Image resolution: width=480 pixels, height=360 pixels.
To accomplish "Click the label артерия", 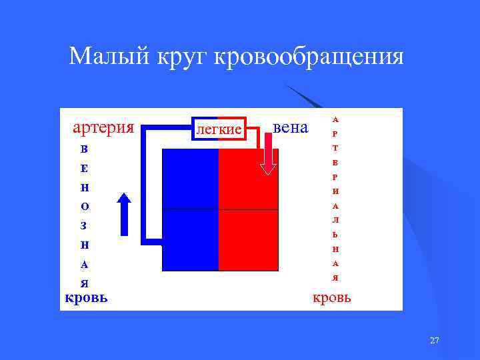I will pyautogui.click(x=103, y=127).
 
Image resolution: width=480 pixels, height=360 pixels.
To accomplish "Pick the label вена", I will pyautogui.click(x=291, y=127).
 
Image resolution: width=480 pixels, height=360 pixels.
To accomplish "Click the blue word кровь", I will pyautogui.click(x=86, y=297).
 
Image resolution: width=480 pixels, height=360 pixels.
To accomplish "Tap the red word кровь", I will pyautogui.click(x=332, y=297).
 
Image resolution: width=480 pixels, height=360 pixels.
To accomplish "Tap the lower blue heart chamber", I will pyautogui.click(x=191, y=240).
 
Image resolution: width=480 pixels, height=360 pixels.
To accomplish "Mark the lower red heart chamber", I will pyautogui.click(x=248, y=240).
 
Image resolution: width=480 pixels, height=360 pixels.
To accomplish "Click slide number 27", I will pyautogui.click(x=435, y=341).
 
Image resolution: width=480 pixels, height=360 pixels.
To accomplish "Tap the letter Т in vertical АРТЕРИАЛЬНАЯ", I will pyautogui.click(x=335, y=148).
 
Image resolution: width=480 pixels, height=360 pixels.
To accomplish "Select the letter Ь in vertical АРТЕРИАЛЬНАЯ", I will pyautogui.click(x=335, y=235).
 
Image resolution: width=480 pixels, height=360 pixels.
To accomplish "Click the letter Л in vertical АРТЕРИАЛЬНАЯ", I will pyautogui.click(x=335, y=220).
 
